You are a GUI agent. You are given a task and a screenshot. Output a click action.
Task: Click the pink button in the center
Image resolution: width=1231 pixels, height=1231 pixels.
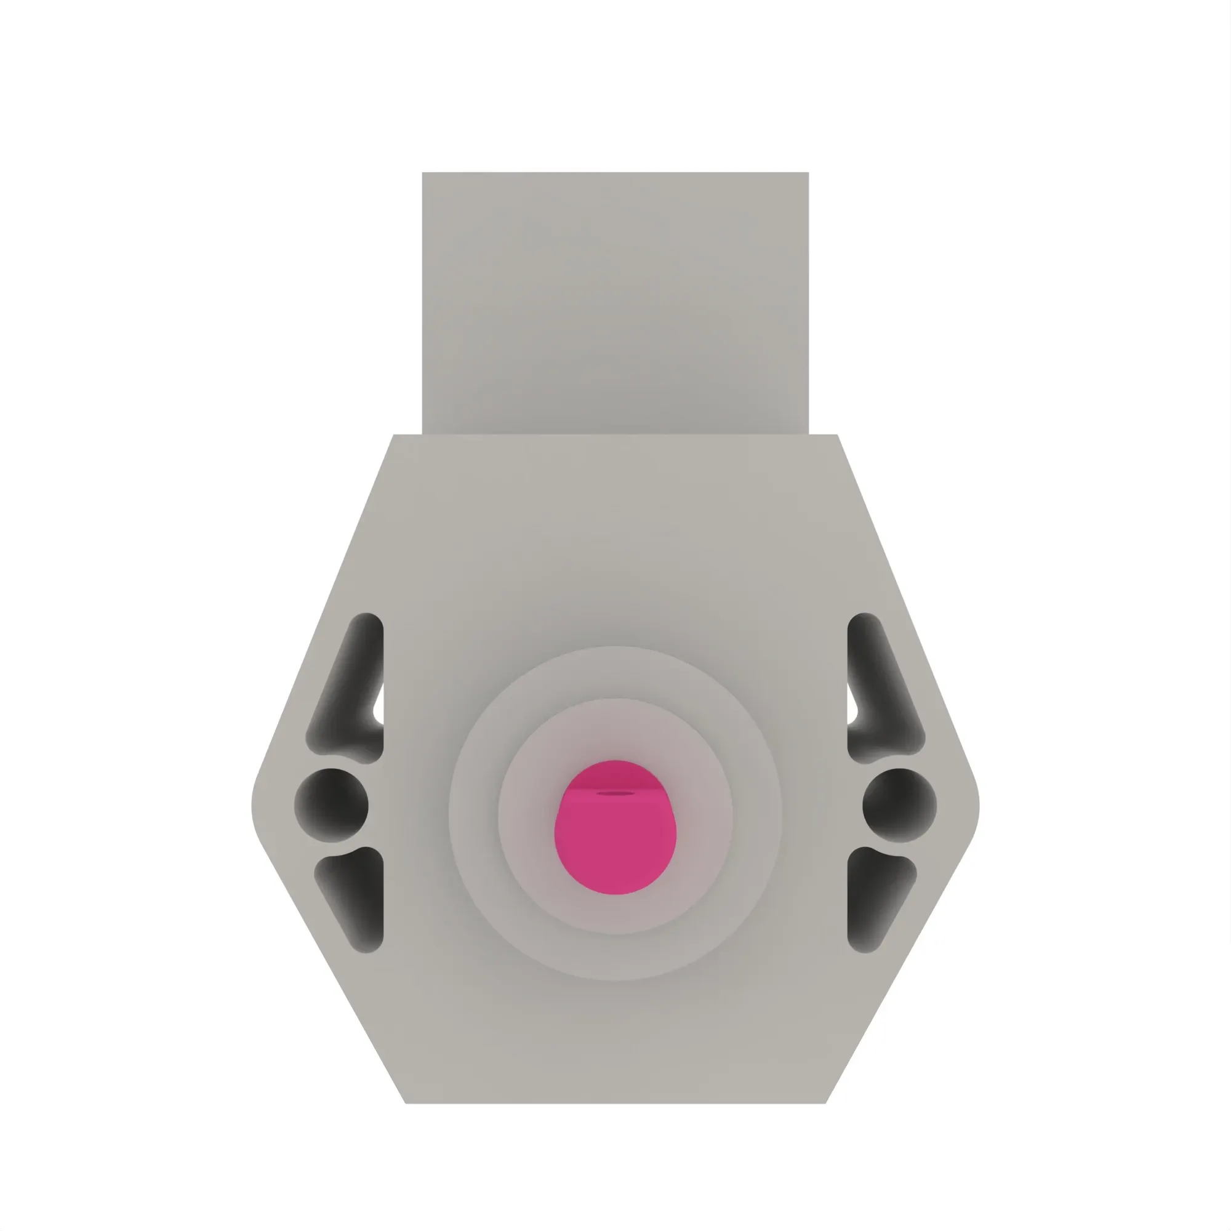615,835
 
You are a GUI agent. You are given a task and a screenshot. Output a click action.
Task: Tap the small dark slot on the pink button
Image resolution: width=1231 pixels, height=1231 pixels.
615,793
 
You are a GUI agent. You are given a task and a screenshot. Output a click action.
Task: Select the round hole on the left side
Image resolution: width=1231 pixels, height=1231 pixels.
331,804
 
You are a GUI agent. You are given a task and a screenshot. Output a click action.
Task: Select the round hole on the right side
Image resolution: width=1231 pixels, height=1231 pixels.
899,804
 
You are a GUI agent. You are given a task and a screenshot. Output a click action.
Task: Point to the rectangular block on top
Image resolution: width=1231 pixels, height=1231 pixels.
615,303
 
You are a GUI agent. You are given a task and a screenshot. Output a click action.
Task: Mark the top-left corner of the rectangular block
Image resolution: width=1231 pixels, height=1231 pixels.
423,174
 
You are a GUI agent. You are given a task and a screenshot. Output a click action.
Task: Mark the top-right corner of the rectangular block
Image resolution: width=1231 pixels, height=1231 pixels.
808,174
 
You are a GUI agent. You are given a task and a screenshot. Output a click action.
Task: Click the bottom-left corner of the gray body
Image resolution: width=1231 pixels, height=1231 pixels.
406,1102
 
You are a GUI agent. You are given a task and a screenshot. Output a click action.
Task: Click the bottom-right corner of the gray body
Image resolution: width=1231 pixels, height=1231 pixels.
825,1102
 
